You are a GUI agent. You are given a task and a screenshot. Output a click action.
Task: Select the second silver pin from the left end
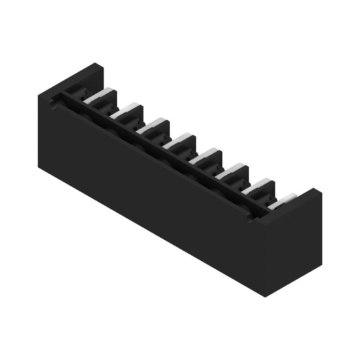point(124,111)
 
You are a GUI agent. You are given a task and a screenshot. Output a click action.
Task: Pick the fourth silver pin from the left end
point(176,141)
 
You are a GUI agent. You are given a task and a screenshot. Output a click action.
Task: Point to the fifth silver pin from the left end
point(202,156)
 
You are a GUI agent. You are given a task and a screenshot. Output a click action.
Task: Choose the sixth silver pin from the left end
point(229,171)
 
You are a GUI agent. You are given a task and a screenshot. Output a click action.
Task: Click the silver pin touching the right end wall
point(282,201)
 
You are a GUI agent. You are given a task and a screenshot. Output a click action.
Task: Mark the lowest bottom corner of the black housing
point(265,297)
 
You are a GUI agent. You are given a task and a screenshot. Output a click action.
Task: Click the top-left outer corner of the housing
point(39,94)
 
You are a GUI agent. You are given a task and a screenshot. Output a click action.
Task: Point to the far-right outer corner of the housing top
point(321,191)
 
